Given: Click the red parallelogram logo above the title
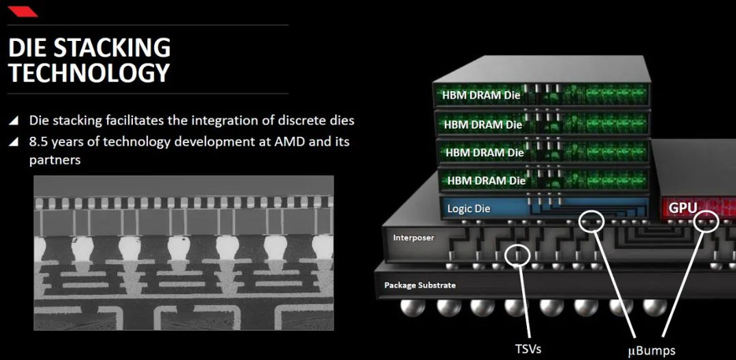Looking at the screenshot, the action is (23, 11).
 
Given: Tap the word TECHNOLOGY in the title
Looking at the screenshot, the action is (89, 72).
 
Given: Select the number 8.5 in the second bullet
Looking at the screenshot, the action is (39, 141).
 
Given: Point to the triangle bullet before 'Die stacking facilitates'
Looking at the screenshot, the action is (14, 120).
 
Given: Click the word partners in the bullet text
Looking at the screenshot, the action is (55, 160).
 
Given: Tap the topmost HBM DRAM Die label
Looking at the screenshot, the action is (481, 95).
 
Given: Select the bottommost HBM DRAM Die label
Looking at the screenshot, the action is (486, 181).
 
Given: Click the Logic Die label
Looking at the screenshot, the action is (469, 208).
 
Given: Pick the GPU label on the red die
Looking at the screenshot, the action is (683, 208).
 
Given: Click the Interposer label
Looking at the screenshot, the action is (414, 238).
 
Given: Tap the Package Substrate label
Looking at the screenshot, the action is (420, 285).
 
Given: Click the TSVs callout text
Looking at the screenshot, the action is (528, 349).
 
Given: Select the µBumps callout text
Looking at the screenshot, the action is (652, 350).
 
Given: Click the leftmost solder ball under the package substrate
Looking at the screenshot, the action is (413, 307).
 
